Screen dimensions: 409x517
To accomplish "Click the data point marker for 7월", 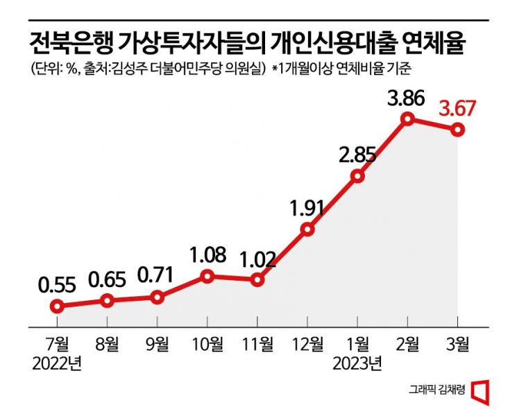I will [x=58, y=306].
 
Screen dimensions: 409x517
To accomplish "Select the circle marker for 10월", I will [x=207, y=277].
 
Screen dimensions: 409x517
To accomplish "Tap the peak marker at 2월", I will [x=407, y=119].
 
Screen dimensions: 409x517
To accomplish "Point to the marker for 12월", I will [x=308, y=229].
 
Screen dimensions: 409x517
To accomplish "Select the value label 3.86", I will [x=406, y=98].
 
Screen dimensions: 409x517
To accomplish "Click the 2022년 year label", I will [x=58, y=363].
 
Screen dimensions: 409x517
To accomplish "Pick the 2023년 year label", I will [x=358, y=363].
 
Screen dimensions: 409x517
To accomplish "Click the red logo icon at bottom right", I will [x=480, y=390].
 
